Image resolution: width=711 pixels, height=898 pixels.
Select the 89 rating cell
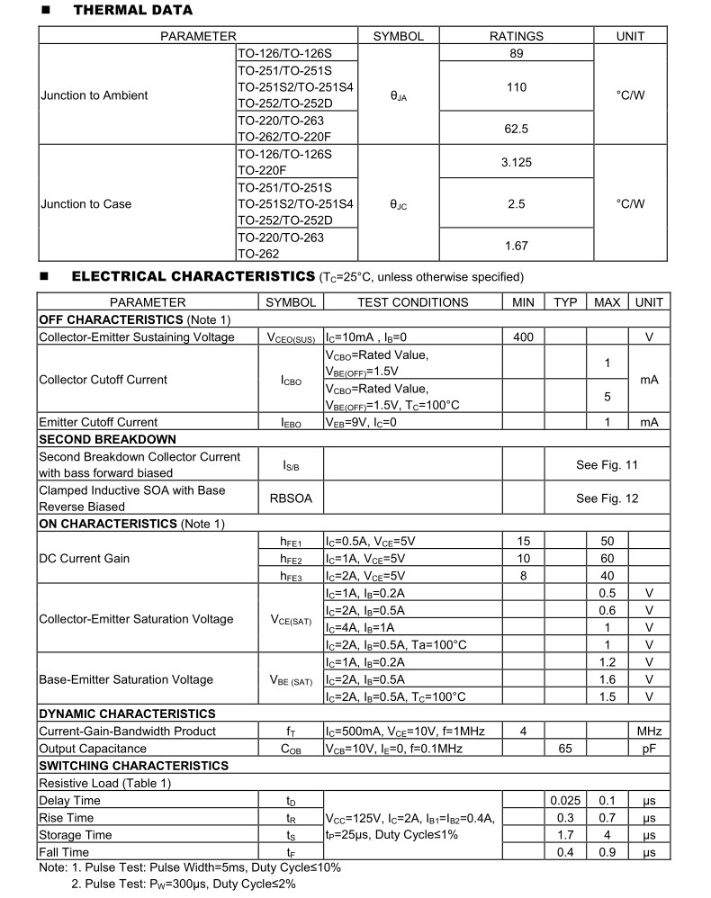click(516, 53)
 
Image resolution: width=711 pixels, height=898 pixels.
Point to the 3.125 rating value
click(516, 163)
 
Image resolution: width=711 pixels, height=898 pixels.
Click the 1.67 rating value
click(516, 246)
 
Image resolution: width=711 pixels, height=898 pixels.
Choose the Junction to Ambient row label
click(94, 95)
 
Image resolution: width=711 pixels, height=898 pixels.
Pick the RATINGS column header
click(516, 36)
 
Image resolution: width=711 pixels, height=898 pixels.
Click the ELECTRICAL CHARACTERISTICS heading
click(193, 276)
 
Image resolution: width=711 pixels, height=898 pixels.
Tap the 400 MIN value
click(523, 337)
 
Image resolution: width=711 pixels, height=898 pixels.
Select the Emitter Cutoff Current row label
click(98, 422)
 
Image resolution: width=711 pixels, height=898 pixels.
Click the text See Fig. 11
click(607, 465)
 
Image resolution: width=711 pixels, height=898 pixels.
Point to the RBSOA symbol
click(291, 498)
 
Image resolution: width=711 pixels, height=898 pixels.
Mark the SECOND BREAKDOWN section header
click(107, 439)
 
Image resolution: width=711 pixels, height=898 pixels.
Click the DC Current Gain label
click(84, 559)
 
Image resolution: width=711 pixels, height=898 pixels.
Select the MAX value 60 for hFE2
click(607, 559)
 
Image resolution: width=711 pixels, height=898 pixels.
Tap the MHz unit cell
click(649, 732)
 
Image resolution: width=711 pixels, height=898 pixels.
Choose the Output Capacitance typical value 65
click(565, 749)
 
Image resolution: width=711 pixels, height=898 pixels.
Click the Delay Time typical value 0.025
click(565, 801)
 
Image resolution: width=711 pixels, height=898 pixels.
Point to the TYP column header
click(565, 302)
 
